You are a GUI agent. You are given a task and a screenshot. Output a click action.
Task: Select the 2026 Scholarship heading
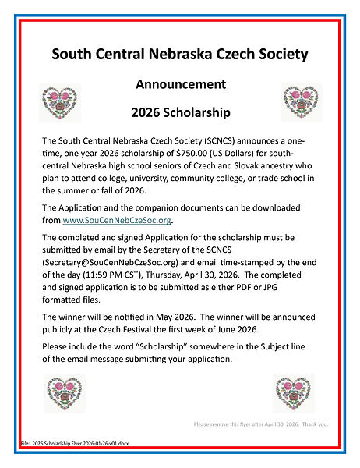181,112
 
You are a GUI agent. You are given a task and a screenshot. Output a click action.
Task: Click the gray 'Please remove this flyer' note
262,424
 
